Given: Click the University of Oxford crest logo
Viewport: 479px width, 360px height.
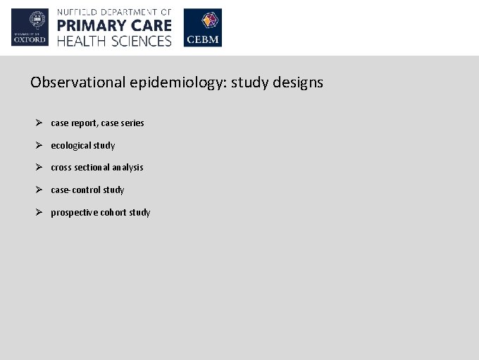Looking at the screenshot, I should click(x=30, y=27).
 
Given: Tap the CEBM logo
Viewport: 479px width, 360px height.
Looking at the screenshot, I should click(x=202, y=27).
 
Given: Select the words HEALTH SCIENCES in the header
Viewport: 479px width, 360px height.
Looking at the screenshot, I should click(x=114, y=41).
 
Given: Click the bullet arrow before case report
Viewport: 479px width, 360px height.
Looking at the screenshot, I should click(x=41, y=123).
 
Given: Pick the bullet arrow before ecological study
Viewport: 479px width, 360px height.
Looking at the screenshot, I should click(x=41, y=145).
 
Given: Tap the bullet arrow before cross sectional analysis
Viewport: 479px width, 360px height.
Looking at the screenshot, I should click(x=41, y=167).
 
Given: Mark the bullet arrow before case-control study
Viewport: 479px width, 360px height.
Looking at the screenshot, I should click(x=41, y=190).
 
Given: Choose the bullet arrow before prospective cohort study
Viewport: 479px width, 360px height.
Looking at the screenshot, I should click(x=41, y=212).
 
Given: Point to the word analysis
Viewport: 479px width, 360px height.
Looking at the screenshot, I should click(x=127, y=168).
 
